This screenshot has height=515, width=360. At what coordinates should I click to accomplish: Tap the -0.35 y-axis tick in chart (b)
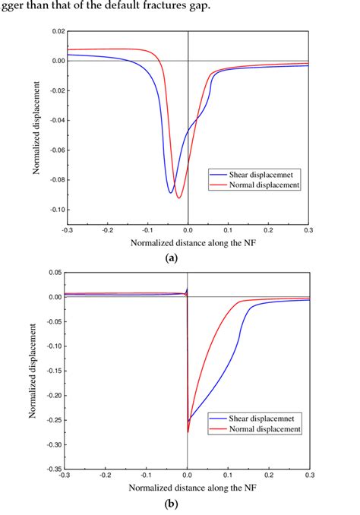click(x=54, y=469)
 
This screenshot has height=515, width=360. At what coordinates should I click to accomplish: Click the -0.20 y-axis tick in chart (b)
click(x=54, y=396)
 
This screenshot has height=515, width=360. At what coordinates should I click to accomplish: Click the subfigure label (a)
click(x=172, y=258)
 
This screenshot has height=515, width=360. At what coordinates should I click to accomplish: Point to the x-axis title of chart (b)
click(x=188, y=486)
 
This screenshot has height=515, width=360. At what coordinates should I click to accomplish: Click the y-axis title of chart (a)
click(x=36, y=128)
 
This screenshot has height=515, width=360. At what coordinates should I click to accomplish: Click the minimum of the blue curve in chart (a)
click(x=171, y=193)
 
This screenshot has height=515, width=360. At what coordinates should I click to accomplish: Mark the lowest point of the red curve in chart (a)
click(x=179, y=198)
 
